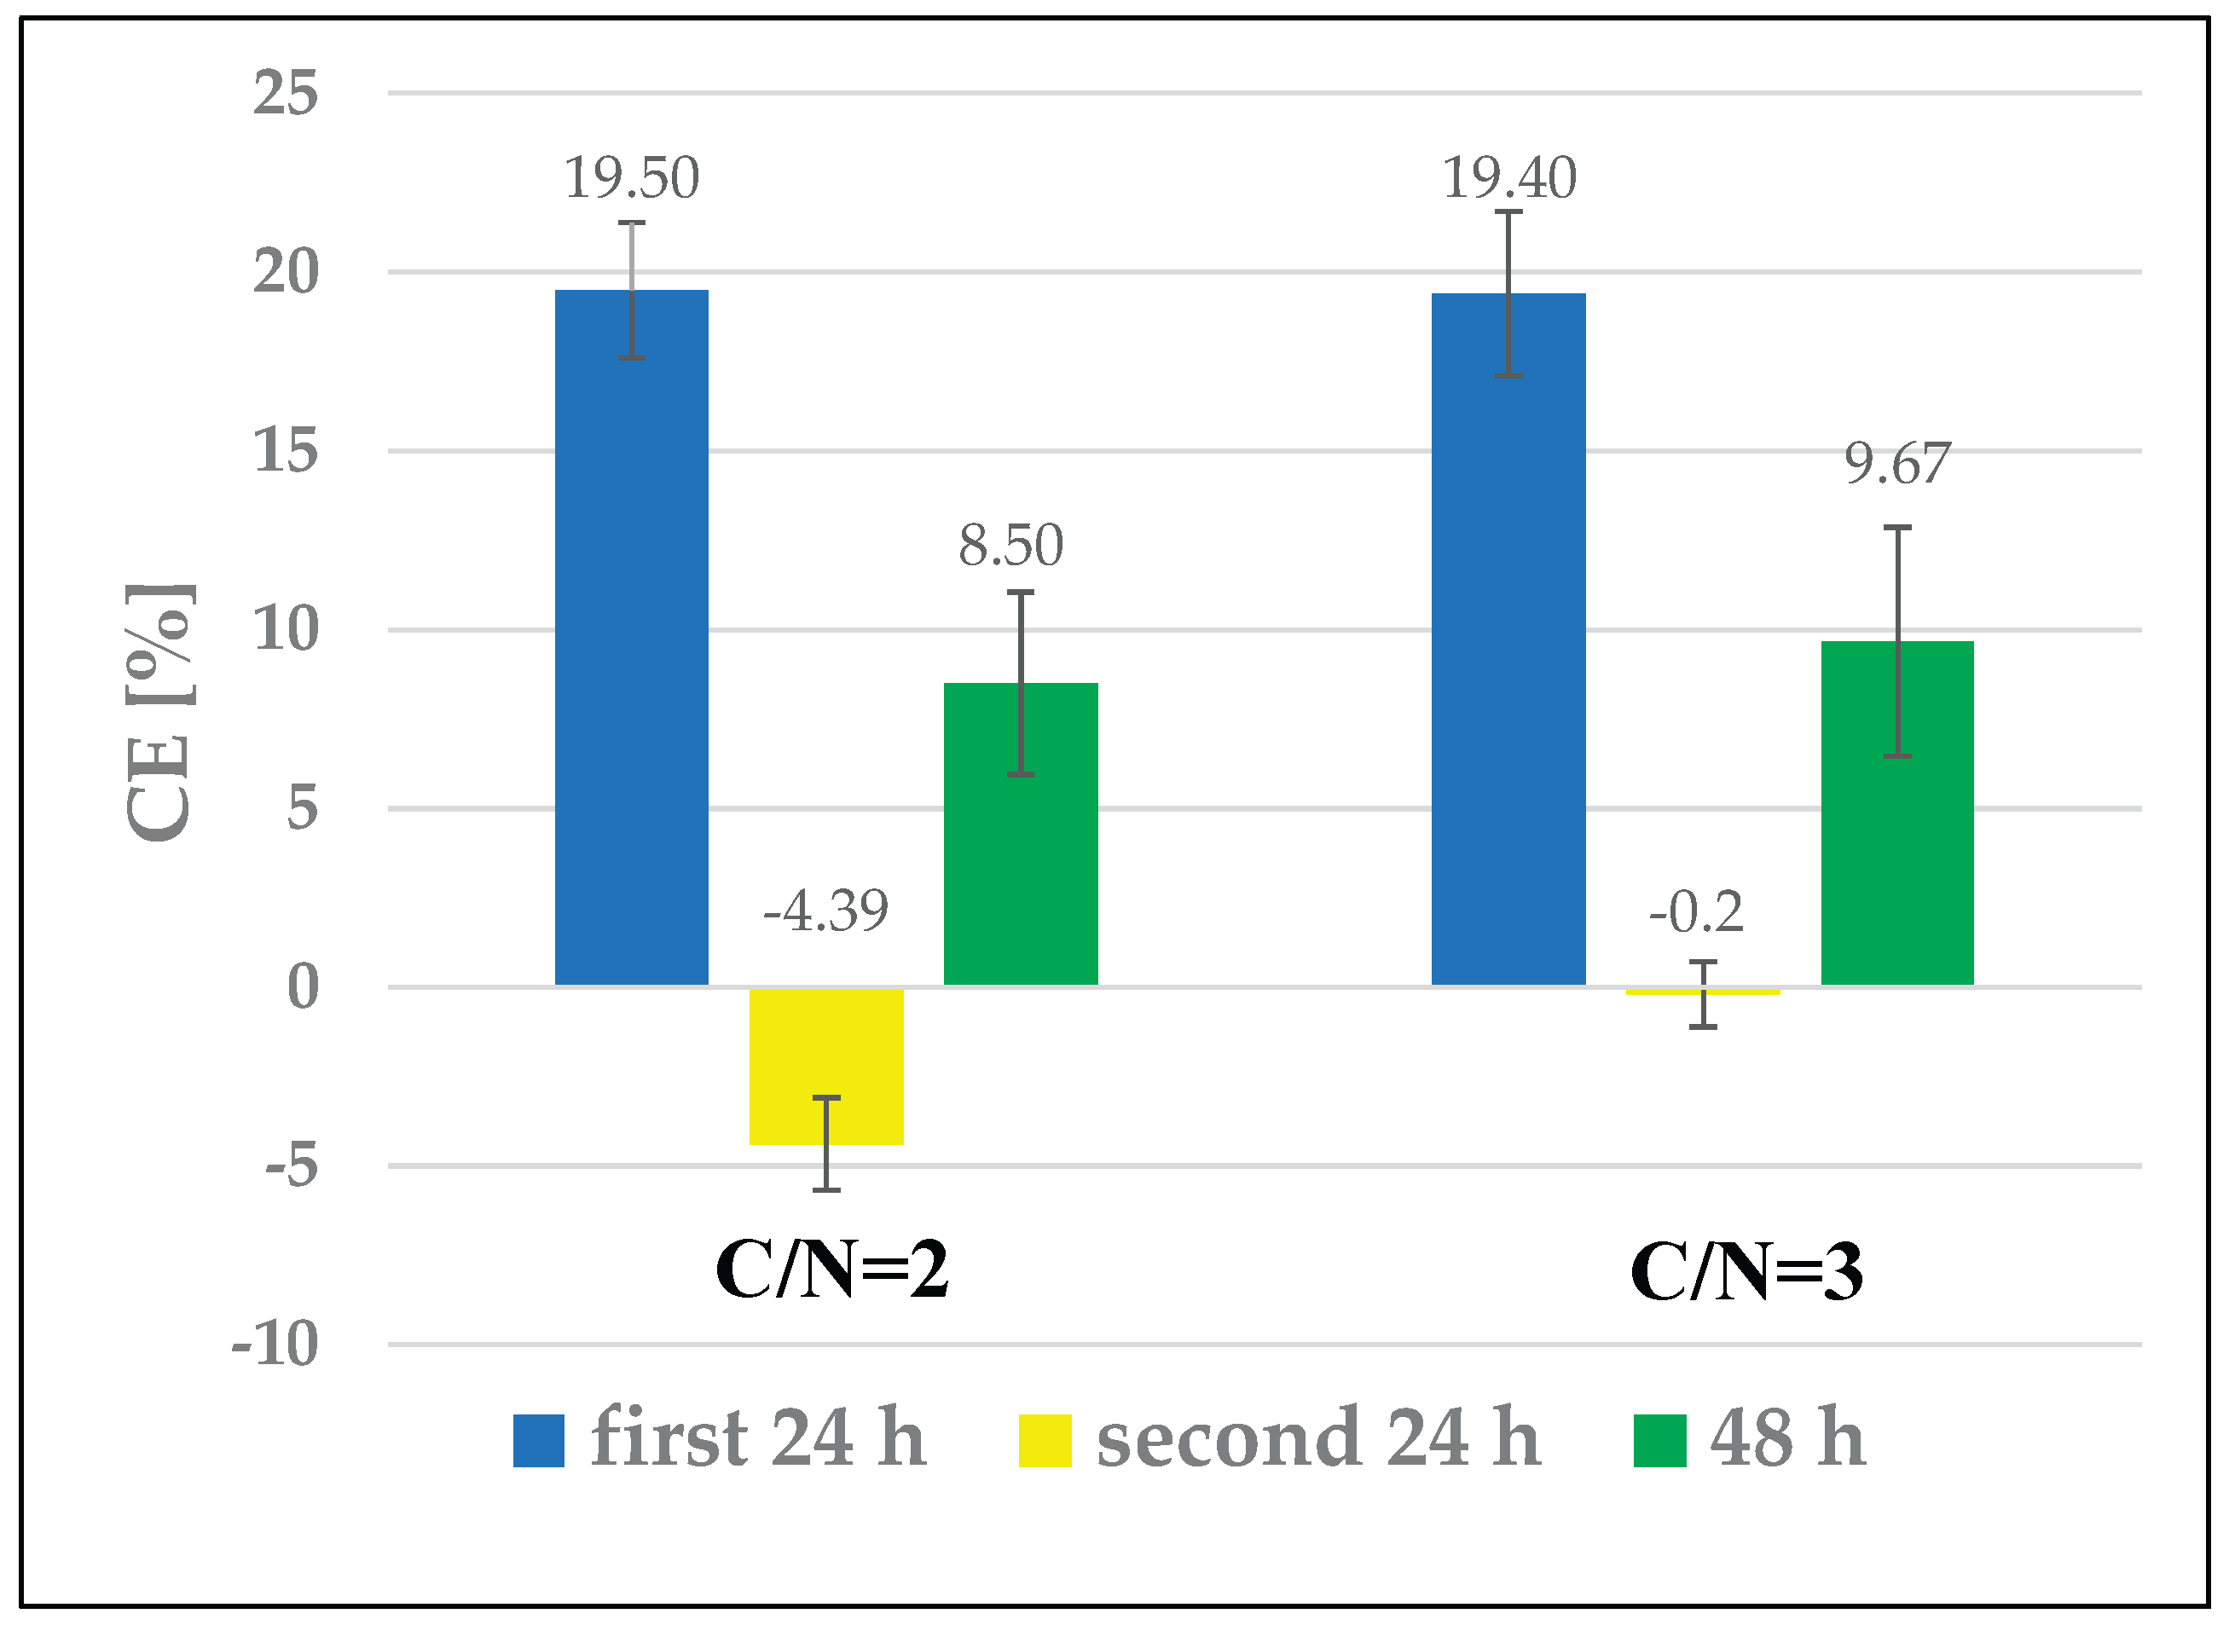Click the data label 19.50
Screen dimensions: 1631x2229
pyautogui.click(x=631, y=179)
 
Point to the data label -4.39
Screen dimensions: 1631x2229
pyautogui.click(x=825, y=911)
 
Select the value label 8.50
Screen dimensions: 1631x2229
pyautogui.click(x=1010, y=545)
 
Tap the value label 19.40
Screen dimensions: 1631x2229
pyautogui.click(x=1508, y=179)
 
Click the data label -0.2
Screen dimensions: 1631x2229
pyautogui.click(x=1695, y=911)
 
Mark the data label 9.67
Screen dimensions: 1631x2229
pyautogui.click(x=1896, y=463)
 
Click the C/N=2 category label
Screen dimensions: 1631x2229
pyautogui.click(x=831, y=1270)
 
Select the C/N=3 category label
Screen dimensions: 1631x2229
pyautogui.click(x=1746, y=1271)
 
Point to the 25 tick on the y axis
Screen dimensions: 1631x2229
pyautogui.click(x=286, y=94)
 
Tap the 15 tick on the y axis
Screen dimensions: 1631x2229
pyautogui.click(x=286, y=451)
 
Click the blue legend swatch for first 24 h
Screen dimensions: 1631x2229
pyautogui.click(x=538, y=1441)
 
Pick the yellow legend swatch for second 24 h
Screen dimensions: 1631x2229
pyautogui.click(x=1045, y=1441)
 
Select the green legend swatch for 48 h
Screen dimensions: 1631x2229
pyautogui.click(x=1659, y=1441)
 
